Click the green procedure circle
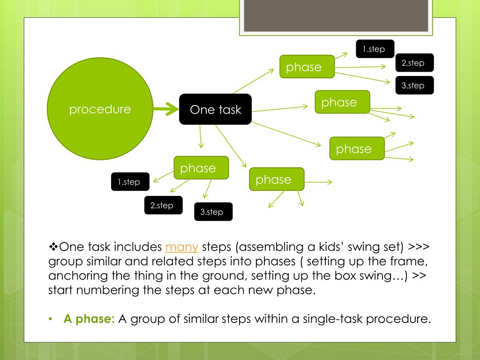tap(100, 110)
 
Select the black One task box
tap(215, 110)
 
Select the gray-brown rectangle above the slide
tap(336, 15)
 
